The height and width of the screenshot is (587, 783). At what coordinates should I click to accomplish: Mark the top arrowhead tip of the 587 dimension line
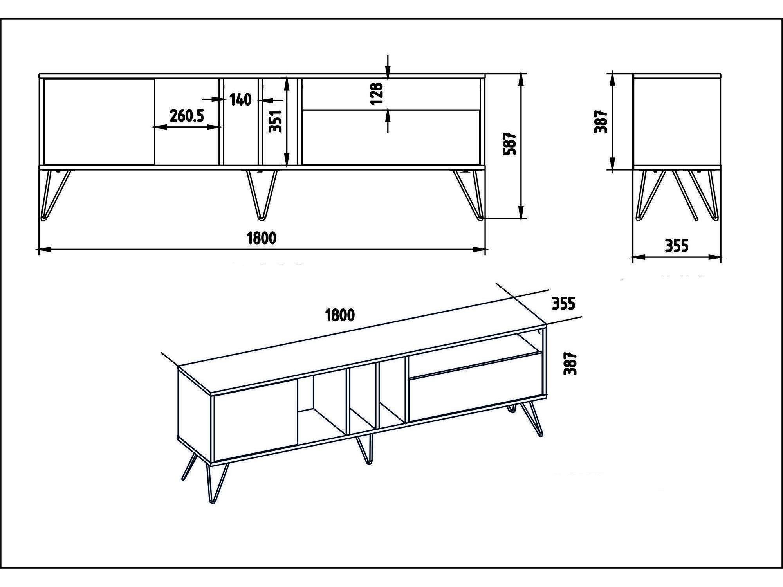(x=521, y=74)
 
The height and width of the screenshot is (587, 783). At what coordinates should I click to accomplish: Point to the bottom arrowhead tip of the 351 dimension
(x=287, y=167)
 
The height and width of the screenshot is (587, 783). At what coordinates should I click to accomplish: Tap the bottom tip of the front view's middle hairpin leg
(x=260, y=218)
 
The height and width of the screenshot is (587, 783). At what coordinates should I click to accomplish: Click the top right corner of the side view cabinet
(x=721, y=74)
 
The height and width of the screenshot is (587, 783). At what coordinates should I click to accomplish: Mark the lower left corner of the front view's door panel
(x=44, y=164)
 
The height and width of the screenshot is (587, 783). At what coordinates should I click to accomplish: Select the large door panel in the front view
(x=99, y=121)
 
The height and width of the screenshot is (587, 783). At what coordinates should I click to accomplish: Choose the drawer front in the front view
(x=391, y=137)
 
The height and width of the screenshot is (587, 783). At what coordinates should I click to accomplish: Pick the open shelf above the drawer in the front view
(x=391, y=94)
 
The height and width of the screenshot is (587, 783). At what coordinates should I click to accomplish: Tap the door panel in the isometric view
(x=255, y=420)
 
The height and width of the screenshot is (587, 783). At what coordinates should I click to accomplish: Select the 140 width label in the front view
(x=240, y=100)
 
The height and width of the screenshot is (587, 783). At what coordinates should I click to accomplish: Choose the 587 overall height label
(x=510, y=144)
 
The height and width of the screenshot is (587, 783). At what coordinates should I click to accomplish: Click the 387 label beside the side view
(x=601, y=122)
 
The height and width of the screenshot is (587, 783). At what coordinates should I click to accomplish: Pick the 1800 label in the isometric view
(x=340, y=315)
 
